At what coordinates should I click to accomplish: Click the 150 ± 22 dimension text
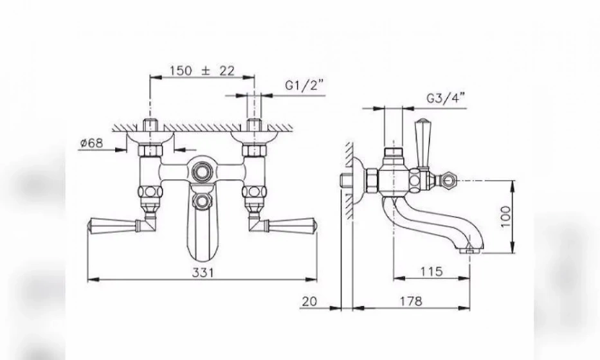[202, 71]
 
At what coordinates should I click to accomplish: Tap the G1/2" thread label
[304, 85]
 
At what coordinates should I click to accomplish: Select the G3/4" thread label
[446, 99]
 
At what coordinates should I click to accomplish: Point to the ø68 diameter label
[92, 143]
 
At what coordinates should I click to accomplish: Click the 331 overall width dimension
[203, 273]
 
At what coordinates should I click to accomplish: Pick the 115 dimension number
[432, 271]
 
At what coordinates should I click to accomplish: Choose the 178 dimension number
[411, 301]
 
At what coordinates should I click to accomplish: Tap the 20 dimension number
[309, 301]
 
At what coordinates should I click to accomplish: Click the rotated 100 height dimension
[505, 217]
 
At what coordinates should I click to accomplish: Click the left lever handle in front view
[113, 225]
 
